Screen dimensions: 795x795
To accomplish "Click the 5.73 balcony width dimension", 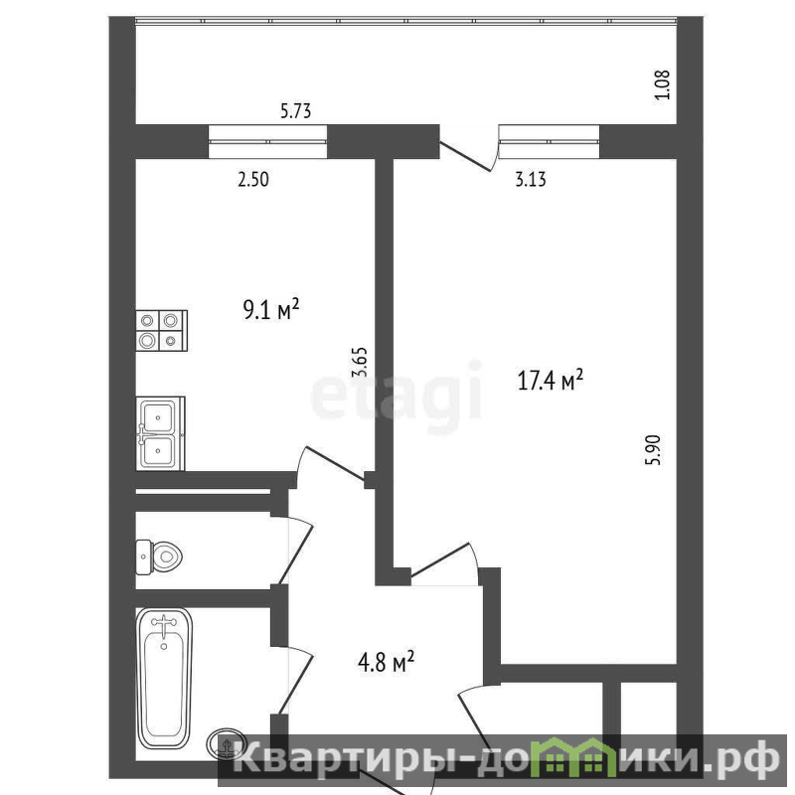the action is tap(295, 111).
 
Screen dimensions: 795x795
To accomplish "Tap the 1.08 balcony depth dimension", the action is tap(663, 84).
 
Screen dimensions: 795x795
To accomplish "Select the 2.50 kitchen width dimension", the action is tap(253, 180).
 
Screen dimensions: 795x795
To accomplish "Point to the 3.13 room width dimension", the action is tap(531, 180).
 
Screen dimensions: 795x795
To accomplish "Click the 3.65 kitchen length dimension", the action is tap(359, 362).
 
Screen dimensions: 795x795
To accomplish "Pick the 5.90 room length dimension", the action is tap(654, 450).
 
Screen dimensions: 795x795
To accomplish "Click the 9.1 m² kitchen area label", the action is tap(271, 309).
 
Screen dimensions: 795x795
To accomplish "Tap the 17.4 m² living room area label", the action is tap(551, 380).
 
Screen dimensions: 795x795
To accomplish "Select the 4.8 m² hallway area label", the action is tap(386, 662).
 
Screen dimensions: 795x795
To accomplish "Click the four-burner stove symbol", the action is tap(162, 331).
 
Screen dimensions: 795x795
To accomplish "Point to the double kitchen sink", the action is tap(160, 433).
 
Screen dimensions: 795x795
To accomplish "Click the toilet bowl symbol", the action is tap(159, 557).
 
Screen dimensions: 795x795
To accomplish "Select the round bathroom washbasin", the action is tap(227, 743).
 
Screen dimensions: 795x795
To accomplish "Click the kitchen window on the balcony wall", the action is tap(267, 141).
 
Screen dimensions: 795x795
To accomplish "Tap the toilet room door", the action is tap(296, 551).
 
